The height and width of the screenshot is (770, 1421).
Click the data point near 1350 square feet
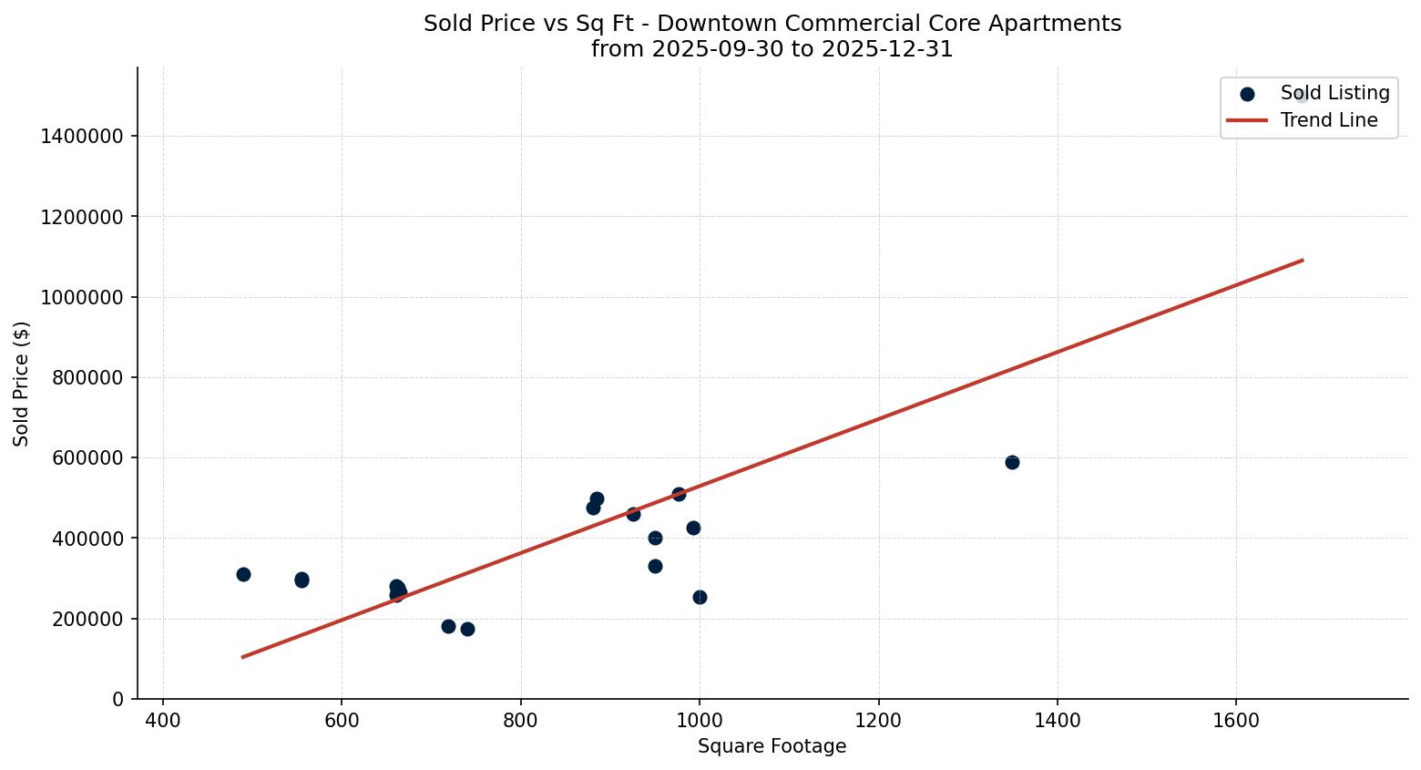pyautogui.click(x=1012, y=462)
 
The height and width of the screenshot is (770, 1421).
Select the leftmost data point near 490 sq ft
pyautogui.click(x=243, y=574)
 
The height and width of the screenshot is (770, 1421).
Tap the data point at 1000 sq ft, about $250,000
pyautogui.click(x=700, y=597)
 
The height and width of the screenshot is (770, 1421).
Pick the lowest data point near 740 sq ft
pyautogui.click(x=467, y=629)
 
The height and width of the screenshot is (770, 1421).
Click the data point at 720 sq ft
pyautogui.click(x=448, y=626)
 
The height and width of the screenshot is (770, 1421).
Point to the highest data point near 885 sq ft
pyautogui.click(x=597, y=498)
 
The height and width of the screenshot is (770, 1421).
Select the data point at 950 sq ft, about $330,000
pyautogui.click(x=655, y=566)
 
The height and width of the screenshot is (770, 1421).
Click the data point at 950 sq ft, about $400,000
pyautogui.click(x=655, y=538)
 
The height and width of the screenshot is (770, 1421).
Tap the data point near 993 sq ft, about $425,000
pyautogui.click(x=693, y=528)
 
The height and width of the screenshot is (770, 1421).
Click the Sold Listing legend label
pyautogui.click(x=1334, y=93)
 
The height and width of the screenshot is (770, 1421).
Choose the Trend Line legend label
pyautogui.click(x=1328, y=120)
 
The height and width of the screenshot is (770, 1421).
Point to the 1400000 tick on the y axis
pyautogui.click(x=83, y=137)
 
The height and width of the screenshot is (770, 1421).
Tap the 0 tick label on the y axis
pyautogui.click(x=118, y=700)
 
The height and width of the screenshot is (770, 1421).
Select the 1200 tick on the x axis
pyautogui.click(x=878, y=721)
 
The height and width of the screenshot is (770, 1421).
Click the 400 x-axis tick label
pyautogui.click(x=163, y=721)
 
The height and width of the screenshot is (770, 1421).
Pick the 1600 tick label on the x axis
pyautogui.click(x=1236, y=721)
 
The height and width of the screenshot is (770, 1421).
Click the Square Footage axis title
pyautogui.click(x=772, y=747)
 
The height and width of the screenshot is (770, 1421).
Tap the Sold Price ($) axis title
pyautogui.click(x=21, y=384)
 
